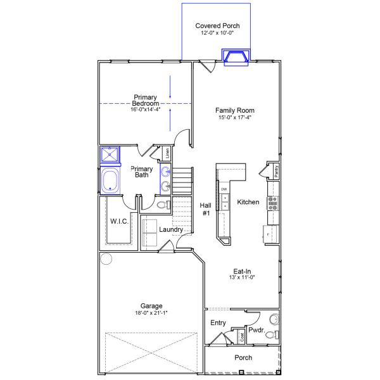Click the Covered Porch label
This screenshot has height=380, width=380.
217,25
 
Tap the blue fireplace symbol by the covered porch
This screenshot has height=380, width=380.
236,57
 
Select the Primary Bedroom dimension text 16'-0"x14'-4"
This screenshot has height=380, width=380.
146,110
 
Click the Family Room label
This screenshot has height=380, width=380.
234,110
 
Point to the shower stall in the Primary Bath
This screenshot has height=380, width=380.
111,155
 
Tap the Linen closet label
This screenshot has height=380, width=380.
167,153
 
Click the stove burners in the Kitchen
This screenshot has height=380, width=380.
274,203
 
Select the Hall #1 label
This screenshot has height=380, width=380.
206,210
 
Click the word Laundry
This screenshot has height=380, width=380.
171,230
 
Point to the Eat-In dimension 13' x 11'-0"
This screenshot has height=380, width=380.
246,277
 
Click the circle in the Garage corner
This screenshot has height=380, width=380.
106,258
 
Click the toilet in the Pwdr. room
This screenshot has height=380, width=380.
270,334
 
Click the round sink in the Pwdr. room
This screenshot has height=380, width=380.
274,319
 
